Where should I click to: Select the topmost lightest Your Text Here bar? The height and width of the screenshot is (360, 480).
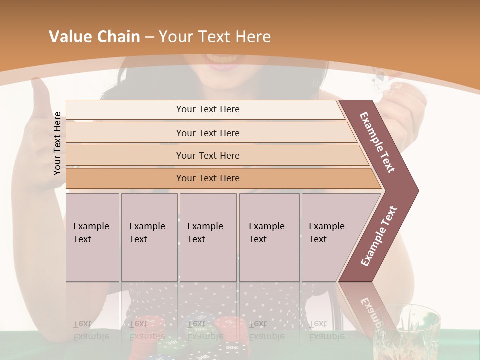tap(207, 109)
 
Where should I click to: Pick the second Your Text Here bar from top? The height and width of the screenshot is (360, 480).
tap(207, 133)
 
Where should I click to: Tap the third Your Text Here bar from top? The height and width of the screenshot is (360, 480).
tap(207, 155)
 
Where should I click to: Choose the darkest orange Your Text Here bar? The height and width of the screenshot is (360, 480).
tap(207, 178)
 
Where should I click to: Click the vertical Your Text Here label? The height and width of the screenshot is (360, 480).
tap(57, 143)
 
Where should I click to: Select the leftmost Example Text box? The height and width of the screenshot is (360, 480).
tap(92, 237)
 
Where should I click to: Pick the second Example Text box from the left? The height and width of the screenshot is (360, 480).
tap(149, 237)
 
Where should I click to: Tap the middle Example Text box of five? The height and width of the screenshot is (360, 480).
tap(207, 237)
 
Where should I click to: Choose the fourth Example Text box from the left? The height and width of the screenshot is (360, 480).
tap(269, 237)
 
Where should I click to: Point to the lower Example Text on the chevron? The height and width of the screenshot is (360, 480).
tap(378, 236)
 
